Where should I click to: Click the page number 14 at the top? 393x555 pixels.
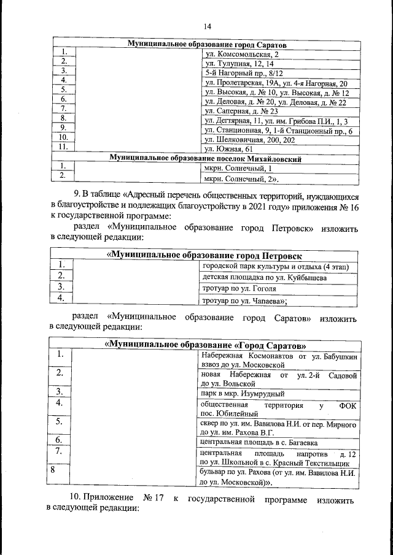(207, 26)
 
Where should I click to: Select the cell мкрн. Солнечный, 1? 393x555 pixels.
(235, 168)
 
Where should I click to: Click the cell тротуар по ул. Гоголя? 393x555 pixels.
(239, 289)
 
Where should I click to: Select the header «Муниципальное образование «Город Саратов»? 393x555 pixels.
(206, 345)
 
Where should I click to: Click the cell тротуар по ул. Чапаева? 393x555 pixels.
(244, 301)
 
